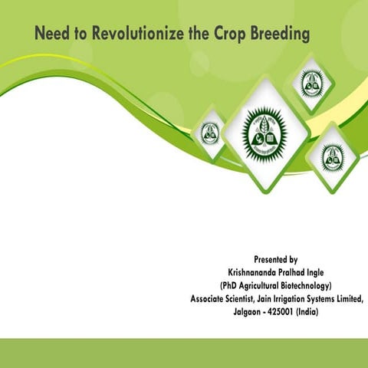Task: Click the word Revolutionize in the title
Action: pos(131,34)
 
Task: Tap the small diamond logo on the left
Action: pos(209,134)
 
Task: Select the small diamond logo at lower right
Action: pos(332,156)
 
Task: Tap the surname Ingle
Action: pos(330,272)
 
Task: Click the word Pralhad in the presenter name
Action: pos(294,272)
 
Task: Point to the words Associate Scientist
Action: pos(225,300)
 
